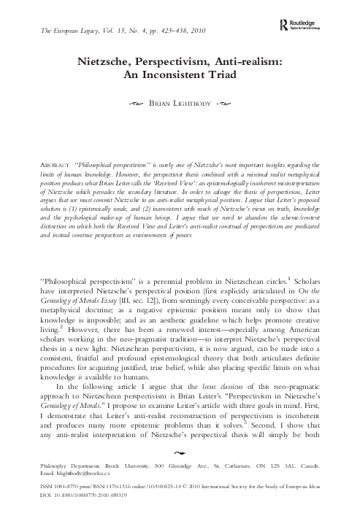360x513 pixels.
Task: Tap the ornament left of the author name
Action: click(x=133, y=105)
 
